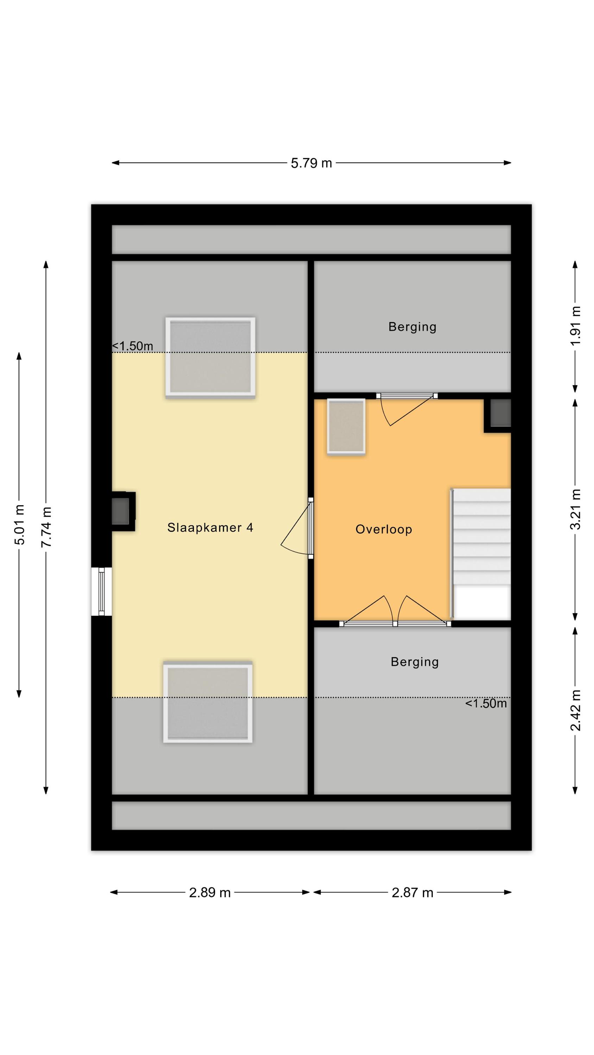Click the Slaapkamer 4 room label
[x=210, y=527]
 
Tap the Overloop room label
[x=384, y=529]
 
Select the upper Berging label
[x=412, y=327]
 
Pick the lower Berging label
[x=415, y=662]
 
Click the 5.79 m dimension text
[x=311, y=163]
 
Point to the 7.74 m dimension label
[x=46, y=527]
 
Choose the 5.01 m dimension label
[x=19, y=525]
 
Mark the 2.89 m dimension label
[x=209, y=893]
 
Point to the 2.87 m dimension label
[x=412, y=893]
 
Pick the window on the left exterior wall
[x=101, y=592]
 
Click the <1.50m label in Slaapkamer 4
[x=132, y=346]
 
